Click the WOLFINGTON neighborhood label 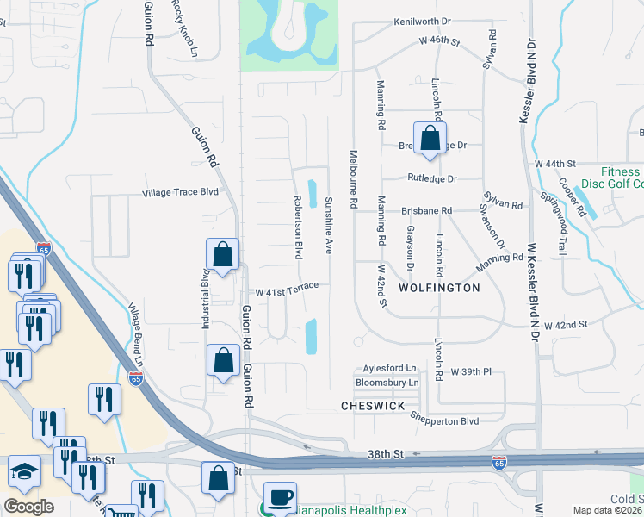(x=438, y=288)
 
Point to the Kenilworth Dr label (x=423, y=22)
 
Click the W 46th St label (x=441, y=40)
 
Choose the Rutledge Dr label (x=432, y=178)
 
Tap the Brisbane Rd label (x=426, y=210)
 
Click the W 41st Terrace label (x=281, y=288)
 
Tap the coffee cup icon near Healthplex (x=280, y=497)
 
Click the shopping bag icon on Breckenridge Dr (x=429, y=139)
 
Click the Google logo (x=28, y=506)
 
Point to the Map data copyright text (x=608, y=510)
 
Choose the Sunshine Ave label (x=328, y=224)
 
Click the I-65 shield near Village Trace (x=44, y=248)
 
